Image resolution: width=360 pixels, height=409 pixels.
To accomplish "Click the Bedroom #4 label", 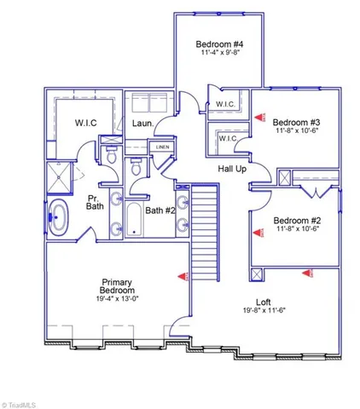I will (219, 44).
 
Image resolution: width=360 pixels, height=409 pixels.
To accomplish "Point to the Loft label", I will (264, 302).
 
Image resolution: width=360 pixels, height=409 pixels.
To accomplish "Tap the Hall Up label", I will (232, 169).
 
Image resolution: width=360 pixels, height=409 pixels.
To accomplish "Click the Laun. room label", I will (142, 124).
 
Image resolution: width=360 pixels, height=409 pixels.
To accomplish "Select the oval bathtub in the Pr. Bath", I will (59, 218).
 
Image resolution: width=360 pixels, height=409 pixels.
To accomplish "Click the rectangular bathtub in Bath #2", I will (134, 220).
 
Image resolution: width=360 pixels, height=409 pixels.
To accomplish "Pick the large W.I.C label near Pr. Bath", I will (85, 123).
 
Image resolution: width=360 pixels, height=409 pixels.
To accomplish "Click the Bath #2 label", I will (160, 210).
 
